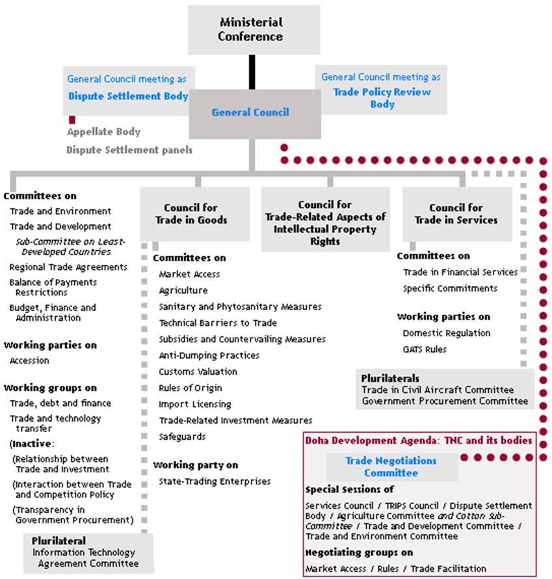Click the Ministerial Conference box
tap(254, 29)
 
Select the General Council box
tap(255, 114)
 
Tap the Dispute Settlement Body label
tap(128, 96)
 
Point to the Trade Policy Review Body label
tap(382, 98)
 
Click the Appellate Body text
tap(103, 132)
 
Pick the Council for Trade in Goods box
tap(195, 214)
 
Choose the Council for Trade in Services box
tap(457, 214)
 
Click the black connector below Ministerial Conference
tap(252, 72)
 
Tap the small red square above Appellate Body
tap(72, 120)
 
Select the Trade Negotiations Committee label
tap(391, 466)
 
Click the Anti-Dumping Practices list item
tap(209, 355)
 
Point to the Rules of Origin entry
tap(191, 388)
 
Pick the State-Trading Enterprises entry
tap(215, 481)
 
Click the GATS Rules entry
tap(425, 349)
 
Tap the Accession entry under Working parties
tap(29, 360)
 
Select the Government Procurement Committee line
tap(445, 401)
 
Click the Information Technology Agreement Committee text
tap(86, 558)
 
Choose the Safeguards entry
tap(182, 437)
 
